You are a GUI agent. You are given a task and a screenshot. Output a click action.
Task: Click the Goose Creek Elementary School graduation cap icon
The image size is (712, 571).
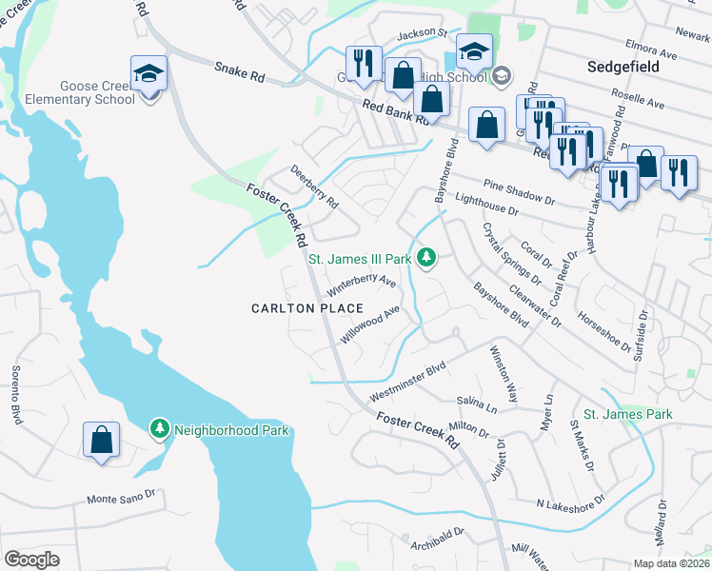(149, 72)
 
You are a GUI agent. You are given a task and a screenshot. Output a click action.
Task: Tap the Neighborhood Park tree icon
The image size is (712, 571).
(160, 429)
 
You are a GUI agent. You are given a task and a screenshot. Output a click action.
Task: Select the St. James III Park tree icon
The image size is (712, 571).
(427, 258)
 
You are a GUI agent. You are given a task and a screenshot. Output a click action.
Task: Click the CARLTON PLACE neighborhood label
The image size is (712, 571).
(307, 308)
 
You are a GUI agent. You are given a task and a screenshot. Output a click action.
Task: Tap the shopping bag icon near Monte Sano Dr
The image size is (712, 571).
(101, 440)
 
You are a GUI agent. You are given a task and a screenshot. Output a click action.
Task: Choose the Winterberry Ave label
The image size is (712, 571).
(361, 284)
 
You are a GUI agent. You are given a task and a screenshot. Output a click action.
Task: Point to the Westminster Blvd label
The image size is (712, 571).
(407, 382)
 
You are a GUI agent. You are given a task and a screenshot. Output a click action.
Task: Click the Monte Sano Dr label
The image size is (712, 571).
(120, 498)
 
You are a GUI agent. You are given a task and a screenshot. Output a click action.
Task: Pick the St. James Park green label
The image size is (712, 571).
(627, 414)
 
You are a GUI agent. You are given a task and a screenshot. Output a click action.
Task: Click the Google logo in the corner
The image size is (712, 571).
(31, 560)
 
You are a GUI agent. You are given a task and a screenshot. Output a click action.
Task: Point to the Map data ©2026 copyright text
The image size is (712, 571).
(671, 563)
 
